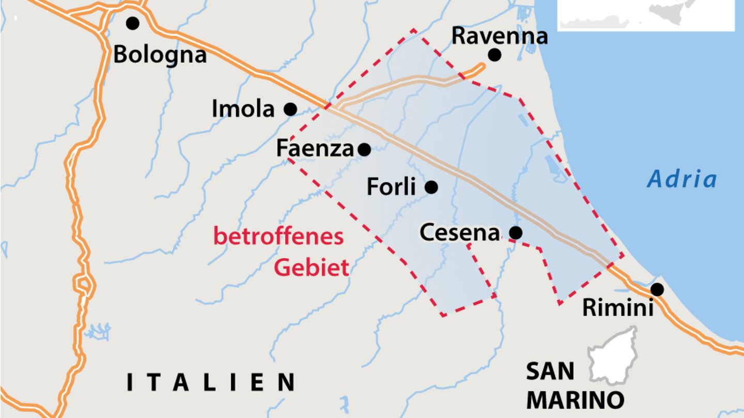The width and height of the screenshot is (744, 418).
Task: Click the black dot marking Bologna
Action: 133,23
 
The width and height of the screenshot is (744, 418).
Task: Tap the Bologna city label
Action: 160,54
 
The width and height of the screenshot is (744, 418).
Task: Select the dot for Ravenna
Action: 494,54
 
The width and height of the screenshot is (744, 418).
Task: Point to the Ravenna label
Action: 499,36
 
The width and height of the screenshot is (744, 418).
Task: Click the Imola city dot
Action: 290,109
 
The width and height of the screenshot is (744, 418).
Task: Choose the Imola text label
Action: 243,109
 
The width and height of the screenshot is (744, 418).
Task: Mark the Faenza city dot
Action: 364,150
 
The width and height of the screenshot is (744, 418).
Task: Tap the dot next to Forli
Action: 431,187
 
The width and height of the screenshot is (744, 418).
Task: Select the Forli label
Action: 391,187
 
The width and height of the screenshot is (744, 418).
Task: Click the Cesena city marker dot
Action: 515,233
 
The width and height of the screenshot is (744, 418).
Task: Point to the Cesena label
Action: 460,233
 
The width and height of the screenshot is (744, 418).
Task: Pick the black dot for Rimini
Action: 657,289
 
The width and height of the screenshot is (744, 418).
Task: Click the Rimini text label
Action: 618,308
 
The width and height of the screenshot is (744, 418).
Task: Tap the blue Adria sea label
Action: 682,179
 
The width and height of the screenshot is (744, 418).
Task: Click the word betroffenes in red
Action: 278,237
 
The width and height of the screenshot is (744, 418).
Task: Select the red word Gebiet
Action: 311,268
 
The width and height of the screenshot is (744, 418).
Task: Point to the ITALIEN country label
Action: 211,382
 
